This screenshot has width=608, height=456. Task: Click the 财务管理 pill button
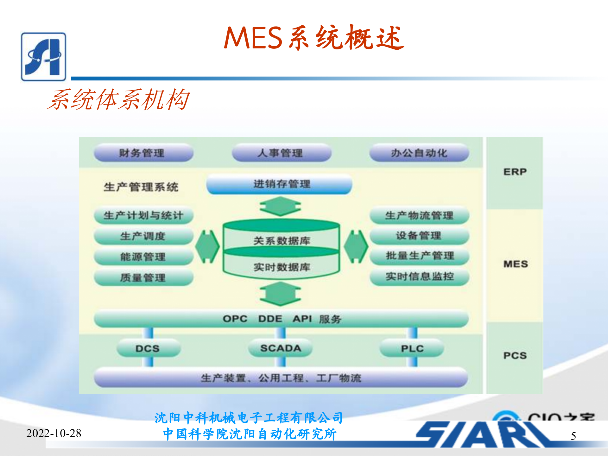[143, 153]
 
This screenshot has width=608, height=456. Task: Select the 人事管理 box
[281, 153]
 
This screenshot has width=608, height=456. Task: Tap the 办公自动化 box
[419, 153]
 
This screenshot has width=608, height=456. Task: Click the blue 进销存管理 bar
[279, 184]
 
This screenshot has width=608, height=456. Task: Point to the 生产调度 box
[143, 236]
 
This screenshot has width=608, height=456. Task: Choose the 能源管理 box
[143, 256]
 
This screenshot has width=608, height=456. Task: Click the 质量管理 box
[143, 278]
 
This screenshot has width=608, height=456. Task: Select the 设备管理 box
[419, 236]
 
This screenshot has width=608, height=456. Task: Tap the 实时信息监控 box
[419, 276]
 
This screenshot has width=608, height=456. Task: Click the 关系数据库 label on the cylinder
[281, 241]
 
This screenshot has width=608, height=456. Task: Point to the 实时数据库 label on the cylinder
[281, 267]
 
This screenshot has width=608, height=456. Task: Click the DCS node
[148, 348]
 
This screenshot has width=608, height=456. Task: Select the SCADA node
[280, 348]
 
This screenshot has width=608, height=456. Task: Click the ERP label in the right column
[515, 172]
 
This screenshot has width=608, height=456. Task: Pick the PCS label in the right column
[515, 355]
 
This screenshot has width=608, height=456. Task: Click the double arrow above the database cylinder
[280, 206]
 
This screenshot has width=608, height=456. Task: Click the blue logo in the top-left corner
[43, 57]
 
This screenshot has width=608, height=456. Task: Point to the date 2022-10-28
[54, 433]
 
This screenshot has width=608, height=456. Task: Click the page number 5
[573, 436]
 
